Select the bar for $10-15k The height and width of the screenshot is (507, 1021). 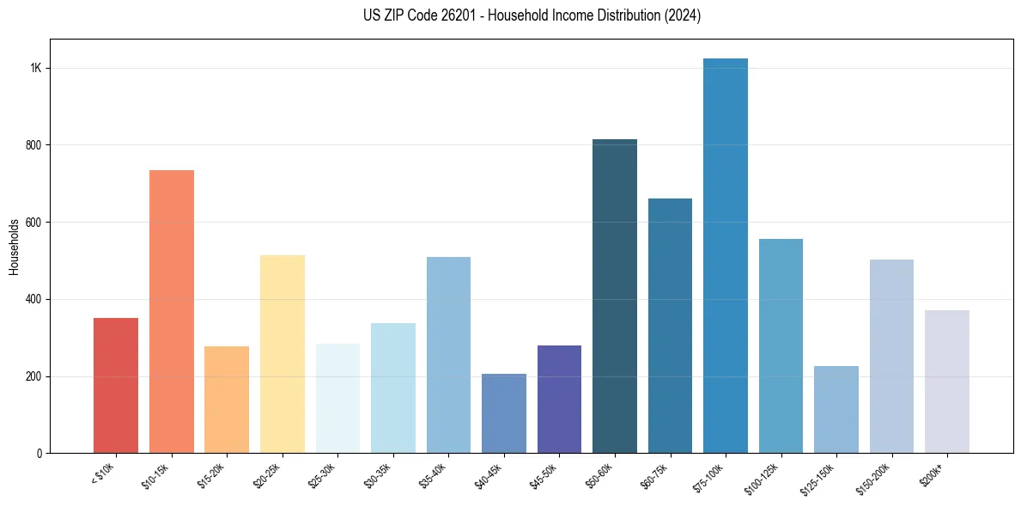tap(172, 311)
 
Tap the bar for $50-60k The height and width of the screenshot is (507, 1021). tap(615, 296)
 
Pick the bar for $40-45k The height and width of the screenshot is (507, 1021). tap(504, 413)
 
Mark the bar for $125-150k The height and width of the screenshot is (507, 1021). tap(836, 409)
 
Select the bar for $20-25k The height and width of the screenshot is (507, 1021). tap(283, 354)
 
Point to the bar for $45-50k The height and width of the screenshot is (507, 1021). tap(559, 399)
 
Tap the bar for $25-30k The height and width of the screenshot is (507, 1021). tap(337, 398)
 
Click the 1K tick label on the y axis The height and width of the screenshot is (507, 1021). tap(35, 69)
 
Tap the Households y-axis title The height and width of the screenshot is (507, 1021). tap(14, 247)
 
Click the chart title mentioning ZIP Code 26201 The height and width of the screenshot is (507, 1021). tap(532, 15)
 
